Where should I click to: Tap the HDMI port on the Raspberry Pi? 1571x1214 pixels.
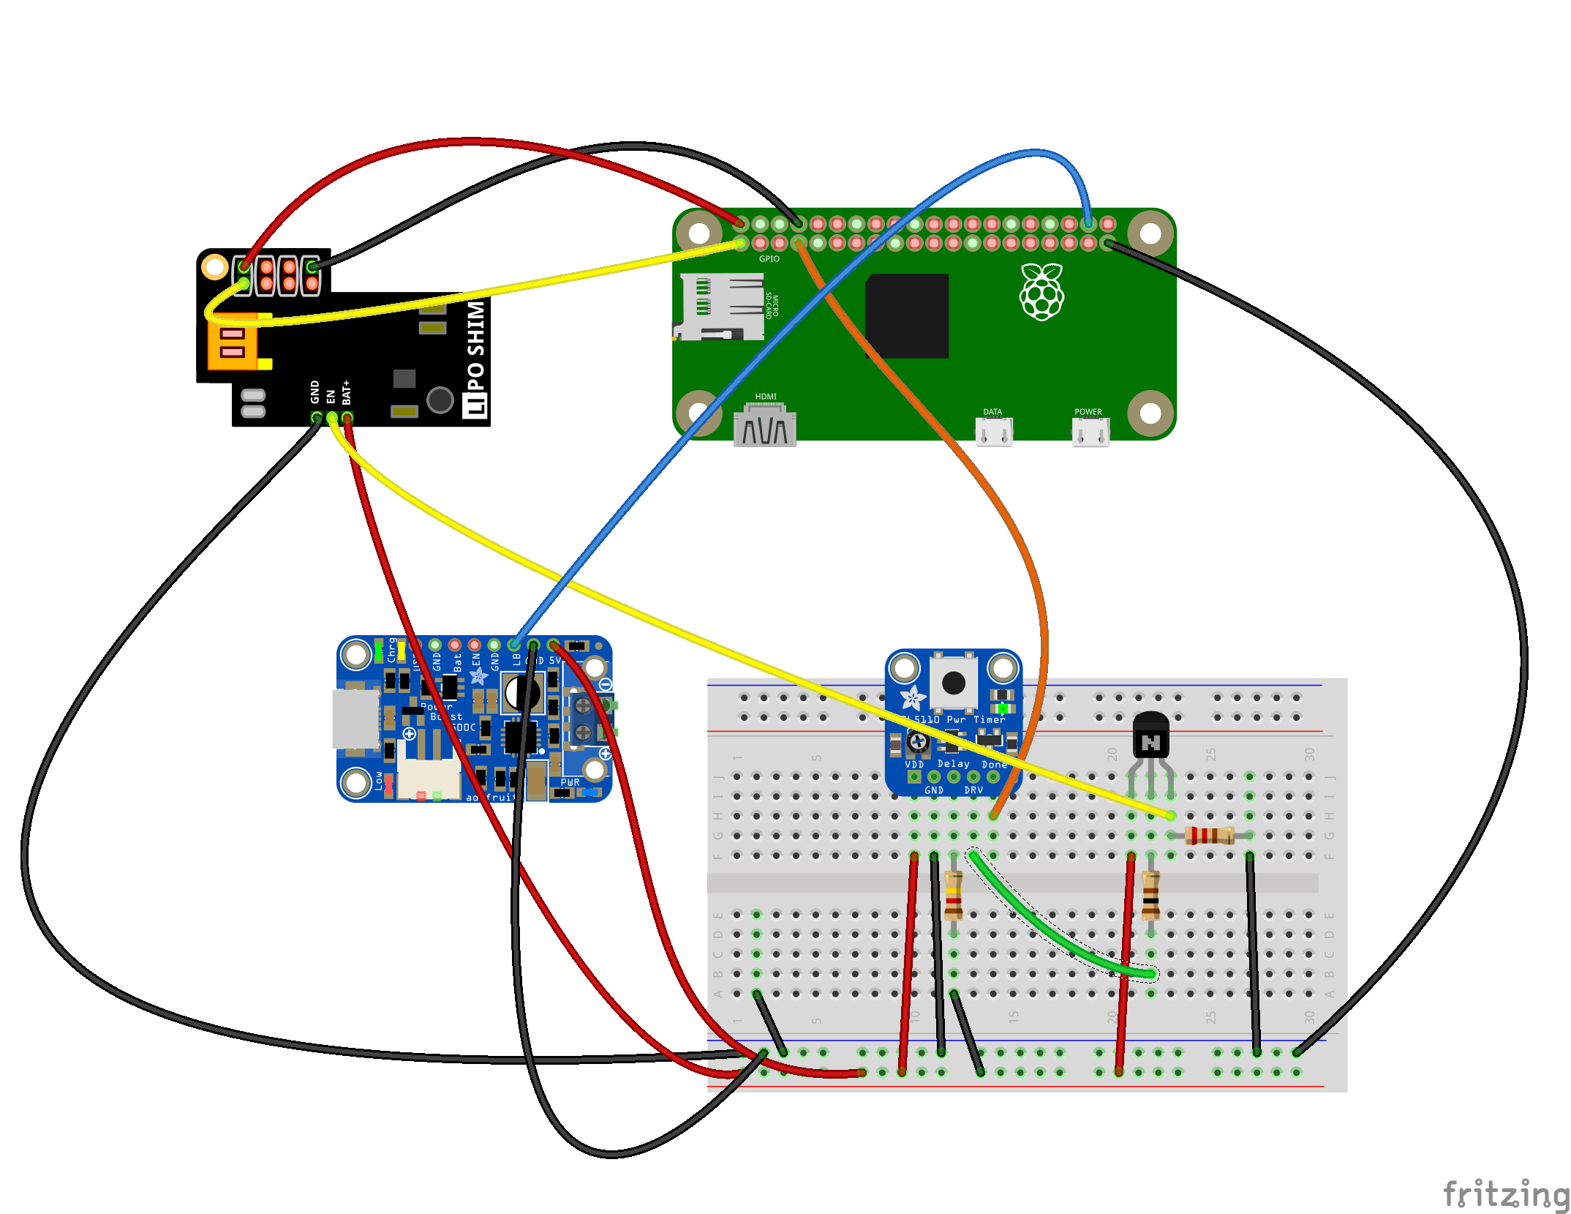(765, 427)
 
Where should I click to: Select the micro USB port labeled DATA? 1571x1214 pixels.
(994, 431)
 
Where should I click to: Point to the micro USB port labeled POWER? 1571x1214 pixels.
(1090, 432)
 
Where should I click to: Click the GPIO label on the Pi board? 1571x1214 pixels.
(769, 259)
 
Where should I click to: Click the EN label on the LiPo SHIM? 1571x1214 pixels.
(331, 396)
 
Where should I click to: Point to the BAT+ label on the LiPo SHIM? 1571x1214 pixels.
(347, 392)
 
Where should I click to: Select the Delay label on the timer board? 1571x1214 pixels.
(953, 764)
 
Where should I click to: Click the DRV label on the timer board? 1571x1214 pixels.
(973, 790)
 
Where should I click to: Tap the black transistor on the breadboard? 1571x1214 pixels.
(1150, 735)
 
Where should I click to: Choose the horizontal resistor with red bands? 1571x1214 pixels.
(1210, 835)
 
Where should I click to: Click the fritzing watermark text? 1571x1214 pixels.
(1505, 1194)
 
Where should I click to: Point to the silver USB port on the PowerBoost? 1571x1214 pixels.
(356, 719)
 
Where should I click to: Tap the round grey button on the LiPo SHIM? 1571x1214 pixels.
(440, 400)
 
